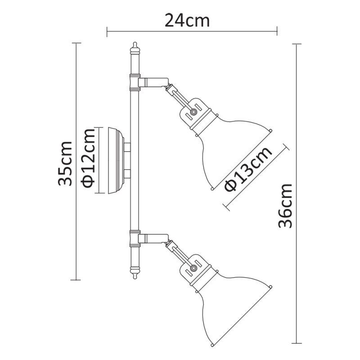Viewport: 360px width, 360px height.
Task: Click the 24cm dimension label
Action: point(187,20)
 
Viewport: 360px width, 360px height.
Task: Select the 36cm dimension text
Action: point(286,205)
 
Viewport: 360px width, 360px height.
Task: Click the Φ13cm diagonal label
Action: point(249,168)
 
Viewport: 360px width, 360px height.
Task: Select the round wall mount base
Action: point(112,160)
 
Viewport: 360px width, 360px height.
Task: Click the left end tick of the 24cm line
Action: point(107,31)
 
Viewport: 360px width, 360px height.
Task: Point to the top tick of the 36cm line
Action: point(296,44)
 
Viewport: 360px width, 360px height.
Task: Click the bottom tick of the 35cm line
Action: point(76,279)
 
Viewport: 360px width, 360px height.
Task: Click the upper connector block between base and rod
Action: point(127,147)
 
